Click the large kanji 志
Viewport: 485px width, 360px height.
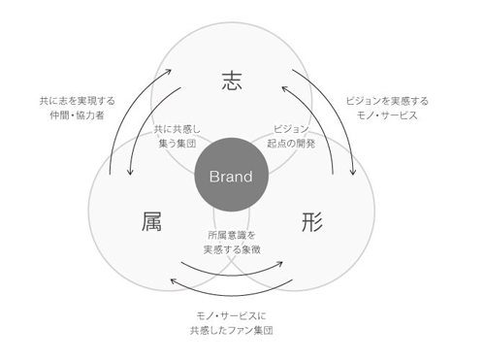coord(232,81)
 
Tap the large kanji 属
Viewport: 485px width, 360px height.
coord(151,221)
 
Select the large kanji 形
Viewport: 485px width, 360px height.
coord(312,221)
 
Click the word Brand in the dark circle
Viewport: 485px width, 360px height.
coord(231,177)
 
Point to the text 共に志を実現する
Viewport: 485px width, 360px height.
coord(77,101)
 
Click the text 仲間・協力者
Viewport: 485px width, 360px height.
coord(77,115)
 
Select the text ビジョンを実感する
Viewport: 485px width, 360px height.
coord(387,101)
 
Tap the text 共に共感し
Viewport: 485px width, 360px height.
coord(178,129)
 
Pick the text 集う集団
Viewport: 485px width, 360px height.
coord(178,144)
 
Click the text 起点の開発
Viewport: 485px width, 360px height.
coord(291,144)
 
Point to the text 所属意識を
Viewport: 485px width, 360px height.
coord(232,235)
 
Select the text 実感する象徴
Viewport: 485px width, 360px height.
coord(232,249)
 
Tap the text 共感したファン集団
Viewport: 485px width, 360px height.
coord(232,330)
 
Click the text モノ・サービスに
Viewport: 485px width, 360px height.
coord(232,315)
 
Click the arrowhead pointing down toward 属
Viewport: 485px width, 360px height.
coord(130,172)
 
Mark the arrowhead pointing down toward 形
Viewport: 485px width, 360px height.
coord(353,172)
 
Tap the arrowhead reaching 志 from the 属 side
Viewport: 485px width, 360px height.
coord(168,71)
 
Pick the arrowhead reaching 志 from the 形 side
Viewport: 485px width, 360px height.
coord(285,88)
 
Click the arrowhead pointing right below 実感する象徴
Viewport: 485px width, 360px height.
coord(279,264)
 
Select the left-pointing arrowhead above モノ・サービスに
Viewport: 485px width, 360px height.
coord(174,281)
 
